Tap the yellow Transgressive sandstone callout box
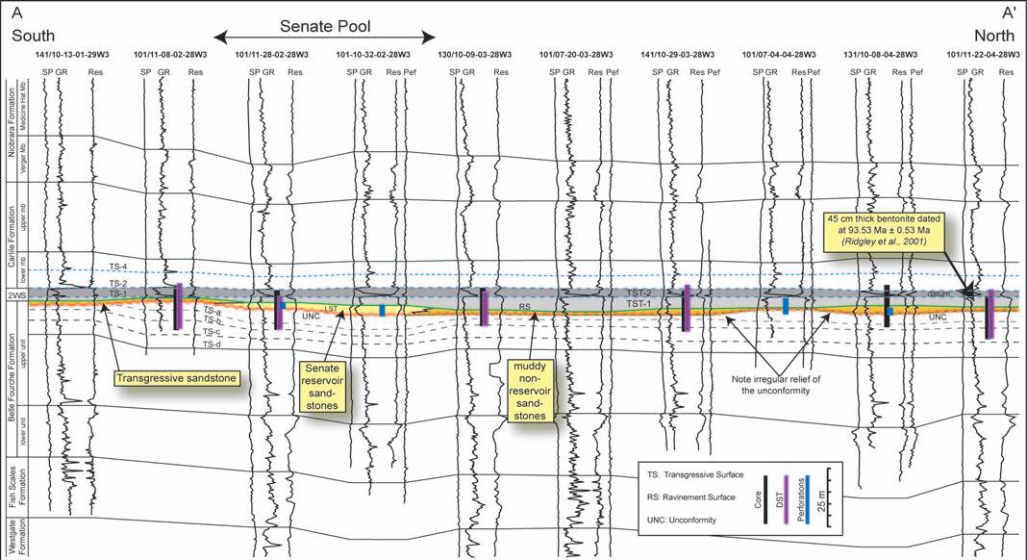click(x=176, y=378)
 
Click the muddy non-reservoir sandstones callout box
click(x=530, y=392)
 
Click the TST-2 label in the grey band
click(x=635, y=292)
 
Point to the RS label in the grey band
click(x=525, y=306)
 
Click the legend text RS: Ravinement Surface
click(x=692, y=499)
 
